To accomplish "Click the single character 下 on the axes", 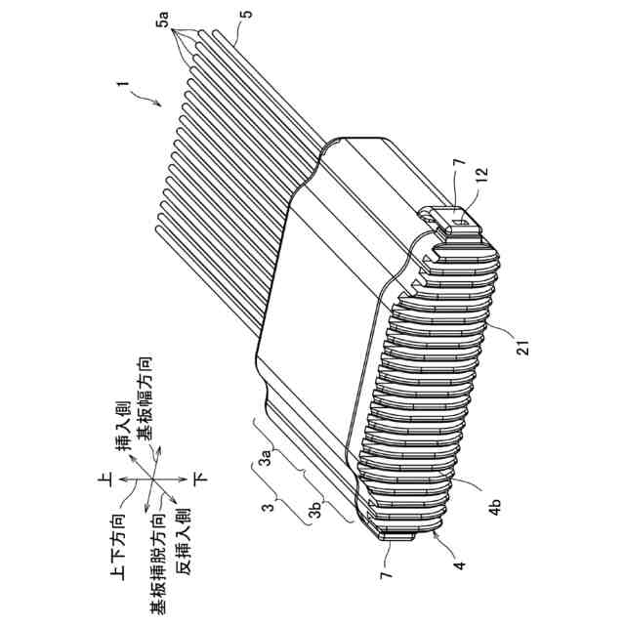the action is pyautogui.click(x=204, y=479).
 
